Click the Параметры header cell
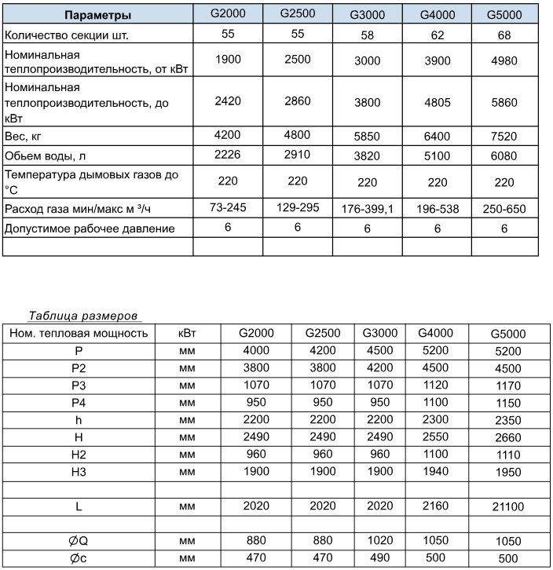coord(97,16)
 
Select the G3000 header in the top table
coord(366,16)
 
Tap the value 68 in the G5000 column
coord(504,36)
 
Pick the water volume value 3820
coord(366,155)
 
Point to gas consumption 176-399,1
coord(366,209)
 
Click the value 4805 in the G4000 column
coord(435,100)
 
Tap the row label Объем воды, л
coord(49,155)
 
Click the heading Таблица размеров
coord(84,316)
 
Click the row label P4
coord(79,402)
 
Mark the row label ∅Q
coord(79,542)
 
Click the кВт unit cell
coord(187,333)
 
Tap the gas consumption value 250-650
coord(504,209)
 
